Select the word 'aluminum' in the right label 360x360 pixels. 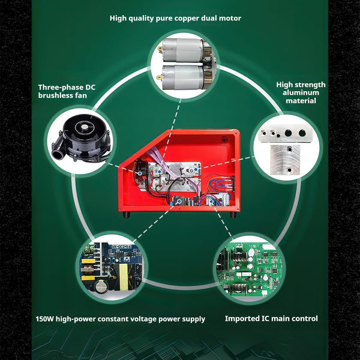(301, 93)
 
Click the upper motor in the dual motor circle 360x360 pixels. (185, 50)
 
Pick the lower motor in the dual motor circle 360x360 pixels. (185, 77)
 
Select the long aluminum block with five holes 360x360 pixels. (285, 133)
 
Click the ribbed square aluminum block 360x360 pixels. (285, 160)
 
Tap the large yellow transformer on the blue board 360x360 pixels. (124, 277)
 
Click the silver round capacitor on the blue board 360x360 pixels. (100, 287)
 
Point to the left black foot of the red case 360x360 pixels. (127, 215)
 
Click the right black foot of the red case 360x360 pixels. (233, 215)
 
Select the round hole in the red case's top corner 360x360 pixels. (224, 139)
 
